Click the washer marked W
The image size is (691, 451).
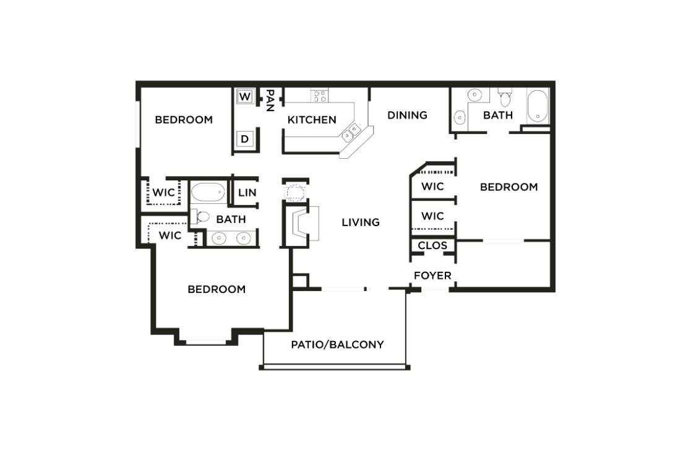tap(245, 97)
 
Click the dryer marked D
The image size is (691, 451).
tap(245, 139)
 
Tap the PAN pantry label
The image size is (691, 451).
tap(270, 100)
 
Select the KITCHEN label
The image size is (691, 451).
tap(312, 120)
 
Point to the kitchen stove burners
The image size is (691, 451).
tap(319, 96)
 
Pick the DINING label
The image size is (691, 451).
tap(407, 115)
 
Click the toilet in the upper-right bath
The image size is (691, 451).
tap(505, 98)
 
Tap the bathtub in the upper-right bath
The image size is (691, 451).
tap(538, 106)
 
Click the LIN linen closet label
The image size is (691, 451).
tap(247, 193)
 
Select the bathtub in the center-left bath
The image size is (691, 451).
tap(208, 192)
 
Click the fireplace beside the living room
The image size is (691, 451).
tap(304, 223)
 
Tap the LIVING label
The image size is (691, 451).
tap(361, 222)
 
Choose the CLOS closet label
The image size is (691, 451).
tap(432, 246)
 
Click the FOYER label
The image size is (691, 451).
tap(432, 276)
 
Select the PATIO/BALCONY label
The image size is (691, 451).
tap(337, 345)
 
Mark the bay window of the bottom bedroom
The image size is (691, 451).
tap(205, 339)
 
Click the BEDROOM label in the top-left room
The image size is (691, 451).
tap(184, 120)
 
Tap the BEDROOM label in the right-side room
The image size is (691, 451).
tap(509, 187)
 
